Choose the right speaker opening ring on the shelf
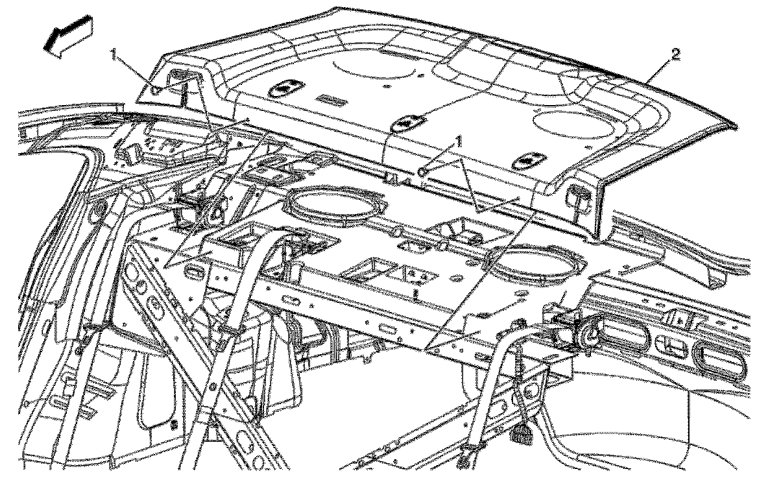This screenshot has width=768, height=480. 536,263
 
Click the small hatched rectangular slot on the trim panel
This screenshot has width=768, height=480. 331,100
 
